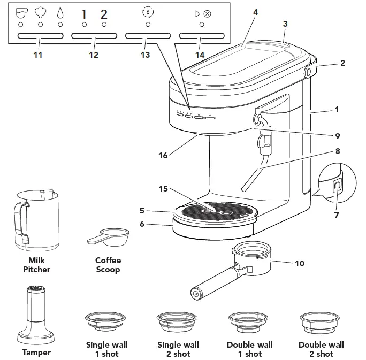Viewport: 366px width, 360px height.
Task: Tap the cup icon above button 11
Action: [21, 13]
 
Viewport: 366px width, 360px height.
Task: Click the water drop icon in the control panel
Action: [60, 14]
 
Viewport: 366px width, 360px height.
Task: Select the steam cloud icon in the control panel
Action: [41, 13]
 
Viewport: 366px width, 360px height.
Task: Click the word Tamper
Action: [36, 352]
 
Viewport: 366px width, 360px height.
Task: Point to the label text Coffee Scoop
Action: [108, 265]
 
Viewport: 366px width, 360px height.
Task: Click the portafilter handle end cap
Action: [196, 293]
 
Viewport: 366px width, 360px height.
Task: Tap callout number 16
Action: [163, 155]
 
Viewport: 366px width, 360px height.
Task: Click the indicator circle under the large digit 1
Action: [84, 25]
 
